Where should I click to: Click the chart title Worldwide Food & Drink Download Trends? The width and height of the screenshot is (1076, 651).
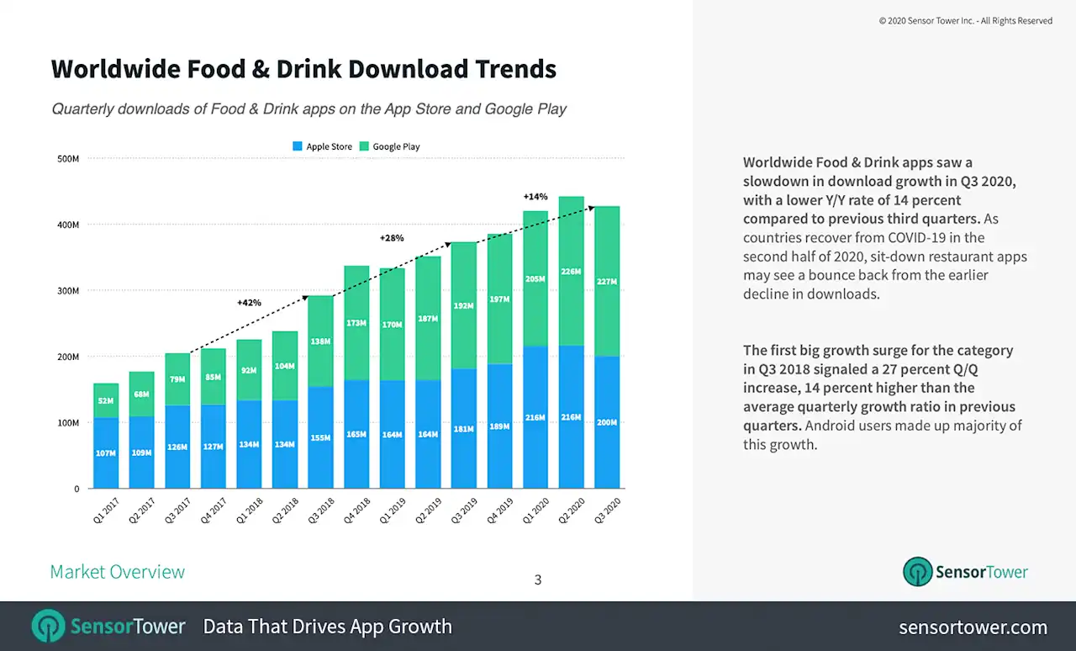tap(303, 69)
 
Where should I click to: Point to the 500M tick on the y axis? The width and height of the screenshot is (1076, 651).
tap(67, 158)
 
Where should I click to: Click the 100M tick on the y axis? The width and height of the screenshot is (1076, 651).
tap(67, 422)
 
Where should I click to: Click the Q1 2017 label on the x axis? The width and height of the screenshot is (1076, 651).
tap(105, 511)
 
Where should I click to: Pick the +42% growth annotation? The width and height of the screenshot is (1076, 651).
tap(248, 303)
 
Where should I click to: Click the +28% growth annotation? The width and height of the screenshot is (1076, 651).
tap(392, 238)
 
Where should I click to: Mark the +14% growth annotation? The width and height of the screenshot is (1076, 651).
tap(535, 197)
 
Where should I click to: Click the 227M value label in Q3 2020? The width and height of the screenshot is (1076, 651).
tap(607, 282)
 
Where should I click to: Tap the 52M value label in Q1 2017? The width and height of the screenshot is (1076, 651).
tap(106, 401)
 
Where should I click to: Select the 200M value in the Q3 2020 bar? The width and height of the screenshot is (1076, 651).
tap(607, 422)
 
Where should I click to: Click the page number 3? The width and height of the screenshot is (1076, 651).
tap(538, 580)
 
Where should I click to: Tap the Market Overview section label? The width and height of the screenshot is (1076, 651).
tap(117, 572)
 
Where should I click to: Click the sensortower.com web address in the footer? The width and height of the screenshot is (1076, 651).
tap(973, 627)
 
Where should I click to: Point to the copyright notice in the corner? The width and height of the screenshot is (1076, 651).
tap(965, 21)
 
